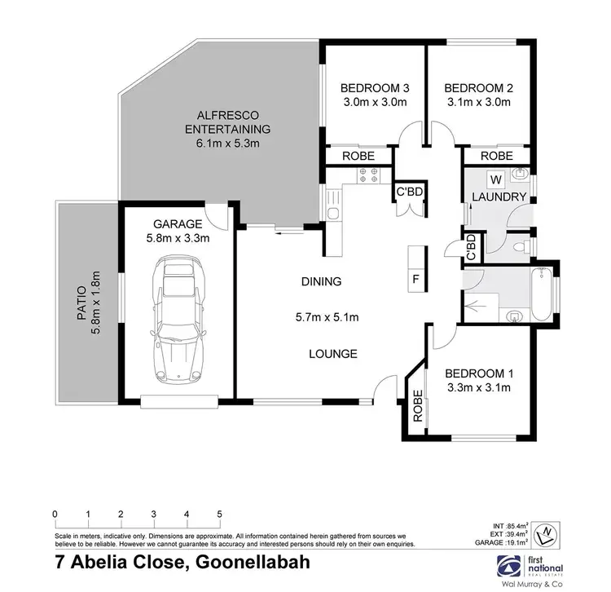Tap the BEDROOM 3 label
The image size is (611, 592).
(373, 88)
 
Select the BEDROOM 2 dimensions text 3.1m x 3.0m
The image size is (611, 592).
(477, 103)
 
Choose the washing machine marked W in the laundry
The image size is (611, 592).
(495, 179)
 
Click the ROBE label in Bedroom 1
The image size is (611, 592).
(418, 406)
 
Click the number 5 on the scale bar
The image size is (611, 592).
(220, 515)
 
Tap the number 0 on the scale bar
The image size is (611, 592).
(54, 515)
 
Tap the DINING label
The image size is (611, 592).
(321, 282)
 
